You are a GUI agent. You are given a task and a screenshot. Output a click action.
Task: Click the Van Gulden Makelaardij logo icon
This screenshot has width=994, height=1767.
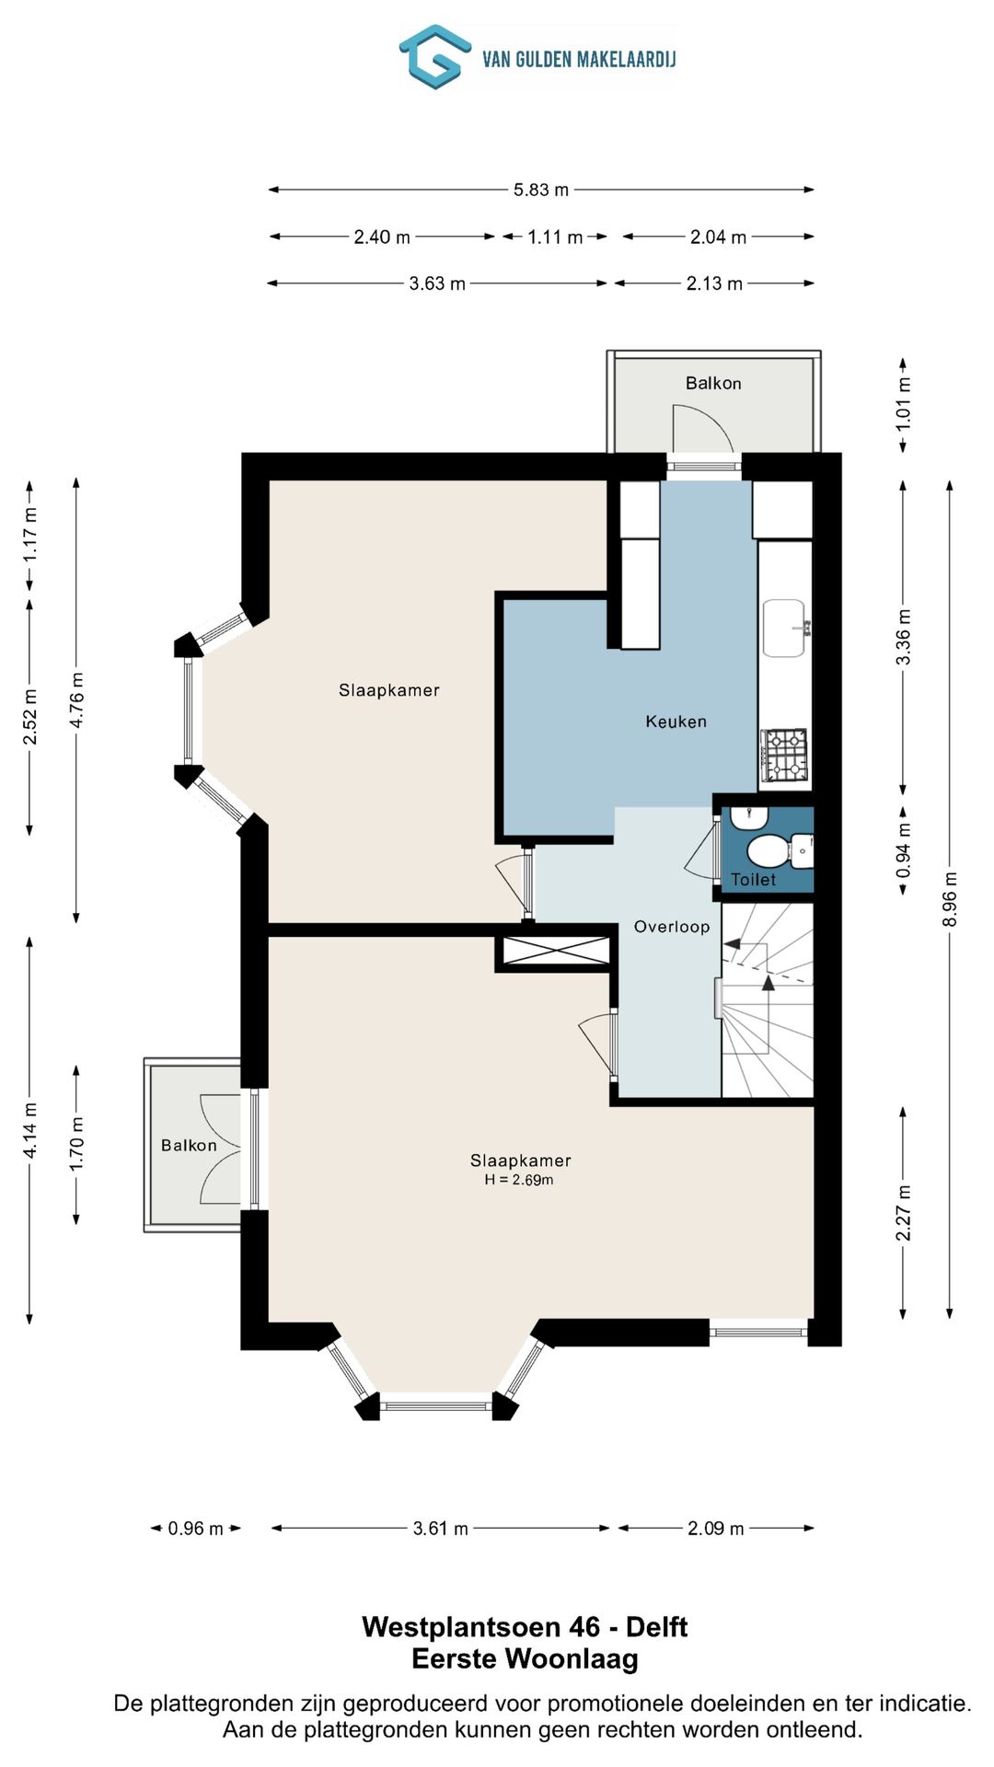point(434,57)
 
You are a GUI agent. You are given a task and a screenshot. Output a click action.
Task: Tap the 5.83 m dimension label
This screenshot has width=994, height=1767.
point(541,190)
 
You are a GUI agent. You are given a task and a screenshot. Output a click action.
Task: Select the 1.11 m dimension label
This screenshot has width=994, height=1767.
point(555,237)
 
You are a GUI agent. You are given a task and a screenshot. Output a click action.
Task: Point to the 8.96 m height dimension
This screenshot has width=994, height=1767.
point(951,899)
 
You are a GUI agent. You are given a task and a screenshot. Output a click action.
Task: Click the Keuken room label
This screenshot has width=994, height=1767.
point(676,722)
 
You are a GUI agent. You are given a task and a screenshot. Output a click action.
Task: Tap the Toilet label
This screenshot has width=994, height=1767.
point(754,880)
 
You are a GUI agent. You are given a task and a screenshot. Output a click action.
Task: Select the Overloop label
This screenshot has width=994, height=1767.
point(672,927)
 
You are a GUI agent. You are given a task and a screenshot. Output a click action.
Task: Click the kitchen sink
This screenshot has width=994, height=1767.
point(785,629)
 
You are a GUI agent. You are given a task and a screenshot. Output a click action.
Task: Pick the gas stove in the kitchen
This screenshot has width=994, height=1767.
point(785,756)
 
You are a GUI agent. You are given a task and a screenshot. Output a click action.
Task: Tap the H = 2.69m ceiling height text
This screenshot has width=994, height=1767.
point(519,1180)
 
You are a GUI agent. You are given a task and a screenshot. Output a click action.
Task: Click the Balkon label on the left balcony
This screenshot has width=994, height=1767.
point(189,1145)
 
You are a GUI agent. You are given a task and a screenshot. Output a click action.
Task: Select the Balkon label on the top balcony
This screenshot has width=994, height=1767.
point(713,383)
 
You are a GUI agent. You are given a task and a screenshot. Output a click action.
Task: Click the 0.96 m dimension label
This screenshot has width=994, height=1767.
point(195,1529)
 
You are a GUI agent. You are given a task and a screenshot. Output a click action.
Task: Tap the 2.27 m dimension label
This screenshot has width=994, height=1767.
point(904,1213)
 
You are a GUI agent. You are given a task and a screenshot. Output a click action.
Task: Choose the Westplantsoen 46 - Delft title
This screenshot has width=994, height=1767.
point(525,1626)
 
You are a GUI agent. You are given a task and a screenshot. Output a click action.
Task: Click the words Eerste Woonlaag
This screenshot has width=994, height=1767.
point(525,1658)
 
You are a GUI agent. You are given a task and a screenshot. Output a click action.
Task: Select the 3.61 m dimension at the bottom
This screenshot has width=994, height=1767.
point(440,1529)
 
